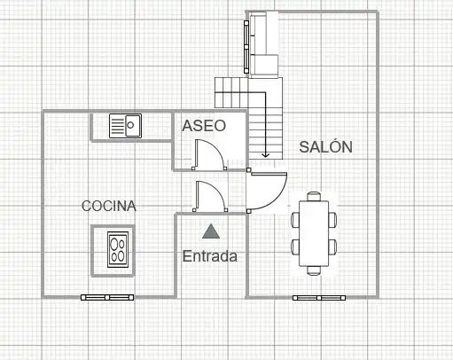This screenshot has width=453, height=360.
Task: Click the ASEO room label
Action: (204, 126)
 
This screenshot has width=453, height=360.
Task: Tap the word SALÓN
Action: (325, 146)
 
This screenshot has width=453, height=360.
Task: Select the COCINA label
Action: (109, 206)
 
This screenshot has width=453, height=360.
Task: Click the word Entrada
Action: (210, 256)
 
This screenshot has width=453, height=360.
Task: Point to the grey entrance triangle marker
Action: (211, 231)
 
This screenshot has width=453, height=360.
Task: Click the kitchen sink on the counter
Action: (125, 126)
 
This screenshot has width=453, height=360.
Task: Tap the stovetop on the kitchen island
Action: (118, 250)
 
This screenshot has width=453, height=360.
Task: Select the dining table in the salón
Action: (314, 233)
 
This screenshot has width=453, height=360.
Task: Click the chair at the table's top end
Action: (314, 196)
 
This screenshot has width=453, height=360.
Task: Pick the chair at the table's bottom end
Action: (314, 270)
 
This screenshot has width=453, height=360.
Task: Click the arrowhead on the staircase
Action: (265, 154)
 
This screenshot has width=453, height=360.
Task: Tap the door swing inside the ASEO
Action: (209, 154)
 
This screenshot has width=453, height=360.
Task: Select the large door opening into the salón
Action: (267, 192)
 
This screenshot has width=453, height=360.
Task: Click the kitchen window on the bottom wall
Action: (107, 297)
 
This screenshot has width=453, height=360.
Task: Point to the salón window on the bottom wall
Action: (319, 298)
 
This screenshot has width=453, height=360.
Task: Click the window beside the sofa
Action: (246, 47)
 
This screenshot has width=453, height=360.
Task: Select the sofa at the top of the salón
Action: (263, 44)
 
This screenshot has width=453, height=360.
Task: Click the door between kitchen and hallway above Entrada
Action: (210, 197)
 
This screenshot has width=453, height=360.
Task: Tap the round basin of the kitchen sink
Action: (130, 125)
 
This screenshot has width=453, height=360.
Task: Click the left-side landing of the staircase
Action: (231, 92)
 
